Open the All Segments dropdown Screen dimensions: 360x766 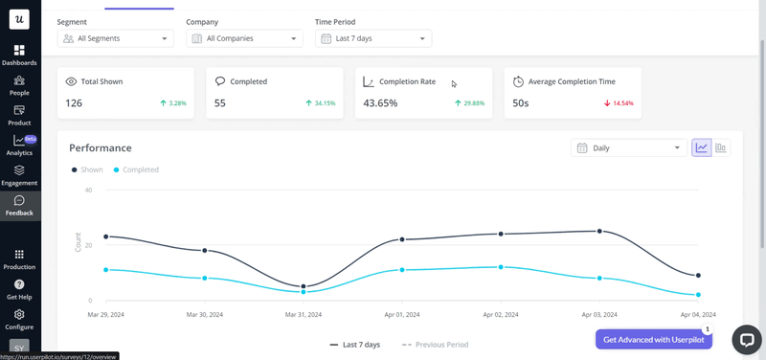[x=115, y=38]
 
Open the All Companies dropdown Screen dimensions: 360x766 [x=244, y=38]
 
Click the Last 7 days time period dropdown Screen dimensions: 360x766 [x=373, y=38]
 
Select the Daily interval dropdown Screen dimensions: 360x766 [x=628, y=148]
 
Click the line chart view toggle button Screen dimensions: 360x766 [x=702, y=148]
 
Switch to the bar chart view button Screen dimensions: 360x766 [x=721, y=148]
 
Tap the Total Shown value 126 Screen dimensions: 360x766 [x=74, y=103]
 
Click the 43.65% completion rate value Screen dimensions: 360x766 [x=380, y=103]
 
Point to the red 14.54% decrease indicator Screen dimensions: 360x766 [x=619, y=103]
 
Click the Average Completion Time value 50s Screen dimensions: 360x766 [x=520, y=103]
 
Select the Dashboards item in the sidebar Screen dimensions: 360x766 [x=19, y=56]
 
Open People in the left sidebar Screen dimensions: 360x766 [x=19, y=85]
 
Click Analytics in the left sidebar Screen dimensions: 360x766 [x=19, y=146]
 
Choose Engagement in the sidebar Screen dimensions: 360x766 [x=19, y=175]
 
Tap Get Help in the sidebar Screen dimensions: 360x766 [x=19, y=290]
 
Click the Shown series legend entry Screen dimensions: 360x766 [x=88, y=169]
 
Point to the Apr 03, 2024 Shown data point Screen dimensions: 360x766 [x=599, y=231]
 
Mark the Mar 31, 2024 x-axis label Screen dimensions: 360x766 [x=304, y=314]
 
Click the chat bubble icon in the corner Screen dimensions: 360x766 [x=747, y=339]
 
